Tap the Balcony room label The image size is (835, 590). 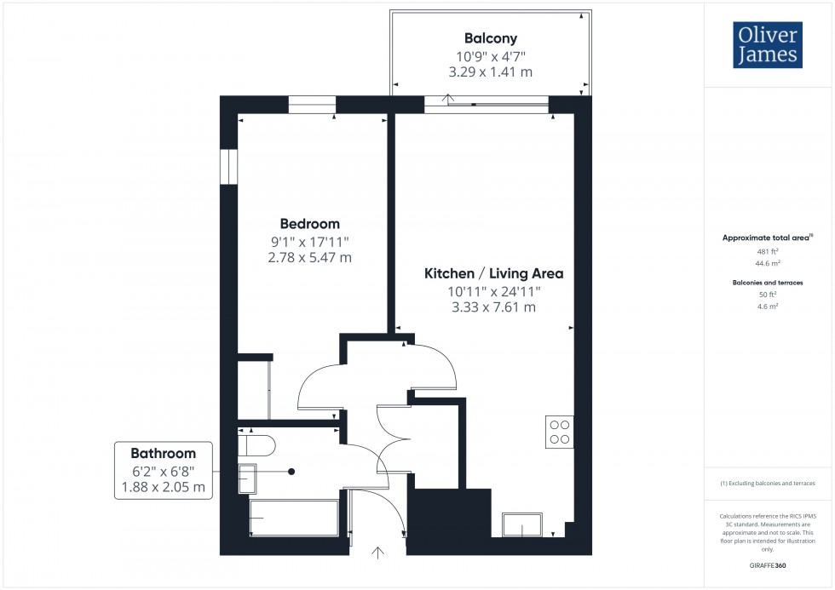point(490,38)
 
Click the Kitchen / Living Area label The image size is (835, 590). point(494,273)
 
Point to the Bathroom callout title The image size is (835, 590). point(163,453)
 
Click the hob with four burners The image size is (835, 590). point(560,432)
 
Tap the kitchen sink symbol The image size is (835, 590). point(523,524)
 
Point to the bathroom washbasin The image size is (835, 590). point(247,478)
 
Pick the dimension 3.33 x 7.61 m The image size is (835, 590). point(494,307)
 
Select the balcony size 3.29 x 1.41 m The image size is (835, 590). point(490,72)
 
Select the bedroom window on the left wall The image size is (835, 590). point(227,166)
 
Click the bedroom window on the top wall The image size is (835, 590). point(312,105)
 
